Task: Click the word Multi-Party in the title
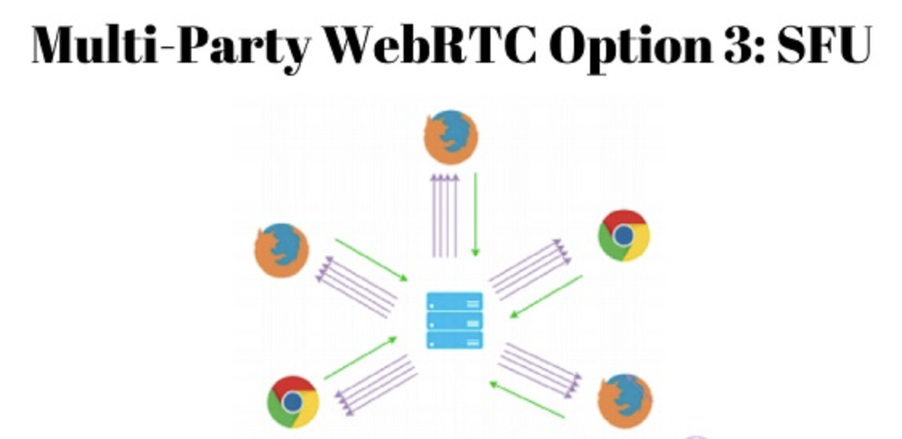[x=170, y=47]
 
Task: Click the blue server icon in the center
[x=455, y=321]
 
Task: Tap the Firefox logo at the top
[x=451, y=137]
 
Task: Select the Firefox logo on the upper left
[x=281, y=250]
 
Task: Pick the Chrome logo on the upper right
[x=623, y=235]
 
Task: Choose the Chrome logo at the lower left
[x=293, y=401]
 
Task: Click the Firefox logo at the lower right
[x=625, y=399]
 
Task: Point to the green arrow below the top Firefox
[x=475, y=214]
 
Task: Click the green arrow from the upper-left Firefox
[x=371, y=259]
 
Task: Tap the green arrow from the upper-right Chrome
[x=546, y=296]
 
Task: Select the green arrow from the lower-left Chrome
[x=361, y=358]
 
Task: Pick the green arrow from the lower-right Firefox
[x=527, y=400]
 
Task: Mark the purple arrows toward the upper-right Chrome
[x=528, y=266]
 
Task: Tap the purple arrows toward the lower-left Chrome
[x=375, y=384]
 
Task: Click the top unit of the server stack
[x=455, y=302]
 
